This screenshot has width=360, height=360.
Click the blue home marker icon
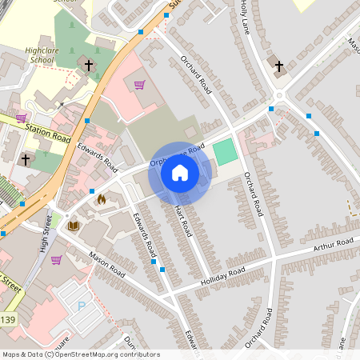180,173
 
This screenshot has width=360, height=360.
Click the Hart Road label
183,219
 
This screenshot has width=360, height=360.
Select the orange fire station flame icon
101,199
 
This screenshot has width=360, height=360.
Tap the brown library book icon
74,227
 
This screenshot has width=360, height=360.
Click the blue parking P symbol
81,306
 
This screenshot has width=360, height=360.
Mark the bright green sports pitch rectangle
226,150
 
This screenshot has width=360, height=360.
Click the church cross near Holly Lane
278,66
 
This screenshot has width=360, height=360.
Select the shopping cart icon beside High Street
56,259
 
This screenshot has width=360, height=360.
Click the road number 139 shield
7,320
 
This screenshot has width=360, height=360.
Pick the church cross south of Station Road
26,160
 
